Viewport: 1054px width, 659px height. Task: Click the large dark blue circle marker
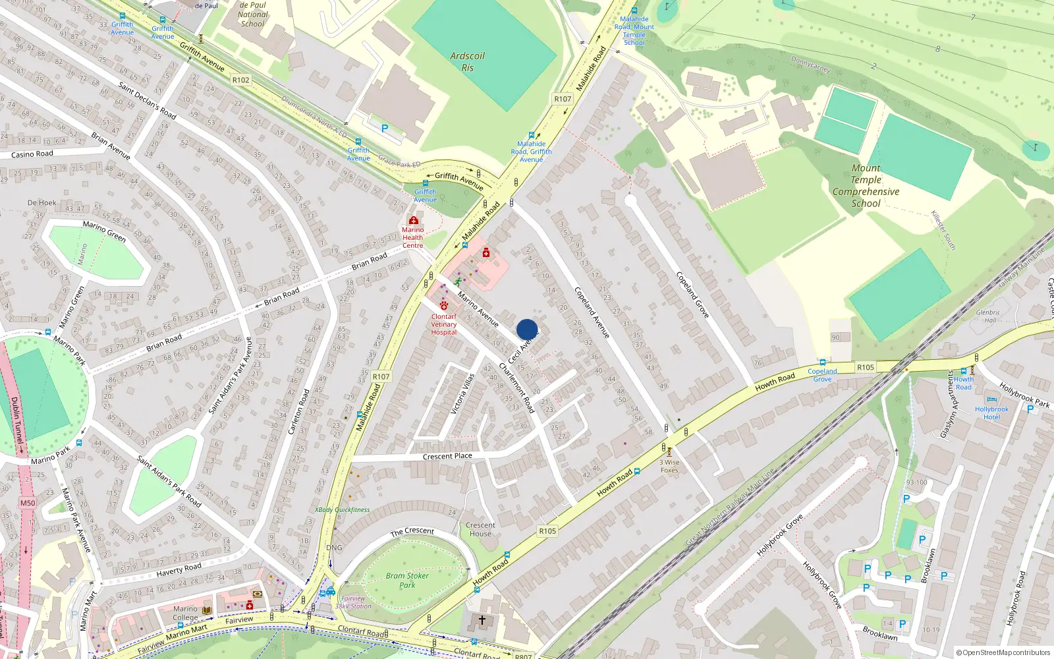[527, 329]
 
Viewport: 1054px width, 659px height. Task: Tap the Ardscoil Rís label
[467, 62]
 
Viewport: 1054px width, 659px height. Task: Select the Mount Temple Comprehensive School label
[866, 186]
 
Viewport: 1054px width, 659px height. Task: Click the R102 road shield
[241, 80]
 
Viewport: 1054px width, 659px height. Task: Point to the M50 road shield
[28, 503]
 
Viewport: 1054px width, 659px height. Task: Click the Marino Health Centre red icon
[413, 220]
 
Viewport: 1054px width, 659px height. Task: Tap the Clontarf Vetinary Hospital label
[444, 324]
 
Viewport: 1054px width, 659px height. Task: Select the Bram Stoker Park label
[407, 580]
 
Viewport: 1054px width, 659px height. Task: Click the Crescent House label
[480, 530]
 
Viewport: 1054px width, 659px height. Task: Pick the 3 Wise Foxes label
[669, 466]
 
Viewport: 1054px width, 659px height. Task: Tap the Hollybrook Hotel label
[991, 413]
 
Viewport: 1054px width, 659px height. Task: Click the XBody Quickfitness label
[342, 510]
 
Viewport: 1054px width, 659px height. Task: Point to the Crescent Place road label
[447, 456]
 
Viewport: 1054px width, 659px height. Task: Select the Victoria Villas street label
[462, 394]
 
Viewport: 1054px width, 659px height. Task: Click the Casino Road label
[32, 154]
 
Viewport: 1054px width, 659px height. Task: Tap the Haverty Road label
[179, 569]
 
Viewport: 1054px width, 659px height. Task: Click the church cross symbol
[482, 620]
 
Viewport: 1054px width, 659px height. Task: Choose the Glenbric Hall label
[988, 316]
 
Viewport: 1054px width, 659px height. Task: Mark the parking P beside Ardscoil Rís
[385, 129]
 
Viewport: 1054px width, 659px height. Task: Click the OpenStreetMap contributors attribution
[1003, 652]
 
